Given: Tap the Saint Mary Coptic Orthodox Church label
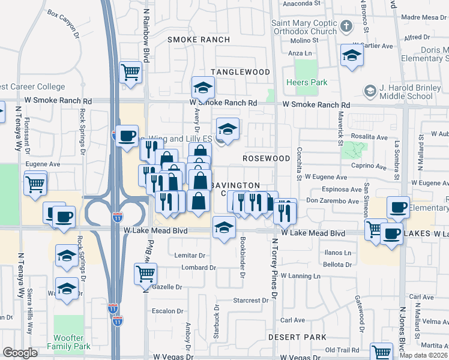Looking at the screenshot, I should [x=304, y=28].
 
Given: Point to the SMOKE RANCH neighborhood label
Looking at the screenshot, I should [x=198, y=40].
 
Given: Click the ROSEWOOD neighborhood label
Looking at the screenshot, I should [x=267, y=158].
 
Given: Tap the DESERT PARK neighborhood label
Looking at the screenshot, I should [x=297, y=338].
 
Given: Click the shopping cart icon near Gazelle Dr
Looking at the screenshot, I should [x=146, y=274].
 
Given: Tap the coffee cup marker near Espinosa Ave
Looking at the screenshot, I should [x=399, y=208].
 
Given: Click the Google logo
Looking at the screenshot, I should [x=20, y=352].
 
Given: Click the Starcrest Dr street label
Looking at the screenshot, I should [x=252, y=300].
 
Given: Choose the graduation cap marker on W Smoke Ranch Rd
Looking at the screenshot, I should [x=203, y=89].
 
